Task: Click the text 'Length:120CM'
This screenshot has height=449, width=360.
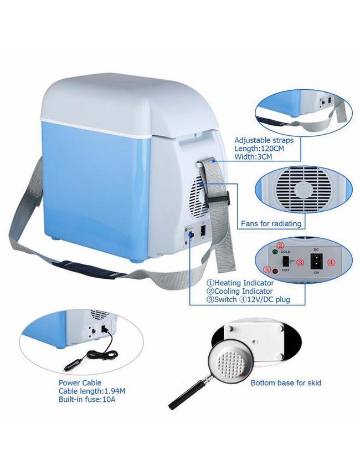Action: click(x=259, y=149)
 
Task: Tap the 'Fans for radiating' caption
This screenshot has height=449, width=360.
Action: click(x=271, y=223)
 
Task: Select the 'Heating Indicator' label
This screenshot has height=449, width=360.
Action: click(x=244, y=283)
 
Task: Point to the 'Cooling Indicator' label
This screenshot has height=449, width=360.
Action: click(x=243, y=291)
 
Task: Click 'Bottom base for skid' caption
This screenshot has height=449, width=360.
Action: click(x=286, y=383)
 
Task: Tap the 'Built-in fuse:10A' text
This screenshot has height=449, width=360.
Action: click(x=87, y=400)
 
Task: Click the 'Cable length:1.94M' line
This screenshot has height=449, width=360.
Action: click(x=92, y=391)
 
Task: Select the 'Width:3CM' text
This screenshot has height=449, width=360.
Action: click(x=253, y=157)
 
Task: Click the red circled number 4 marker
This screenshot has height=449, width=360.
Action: click(x=331, y=262)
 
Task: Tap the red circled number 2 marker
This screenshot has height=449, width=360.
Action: click(x=281, y=246)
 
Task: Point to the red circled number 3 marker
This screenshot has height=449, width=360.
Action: click(x=300, y=262)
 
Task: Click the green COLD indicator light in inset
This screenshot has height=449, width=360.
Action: click(x=275, y=252)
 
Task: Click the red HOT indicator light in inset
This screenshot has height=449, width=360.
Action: click(x=276, y=271)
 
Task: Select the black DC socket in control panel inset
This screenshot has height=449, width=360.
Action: click(x=316, y=261)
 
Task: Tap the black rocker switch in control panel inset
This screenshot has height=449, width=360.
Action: click(x=286, y=262)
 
